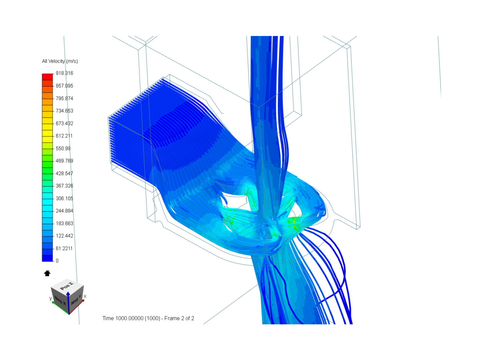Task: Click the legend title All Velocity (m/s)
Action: coord(60,61)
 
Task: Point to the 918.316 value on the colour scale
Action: coord(64,73)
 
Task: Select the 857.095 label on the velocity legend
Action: coord(64,86)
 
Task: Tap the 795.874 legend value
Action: coord(64,98)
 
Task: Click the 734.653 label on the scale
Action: coord(64,111)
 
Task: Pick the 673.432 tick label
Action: coord(64,123)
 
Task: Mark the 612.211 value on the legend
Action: coord(64,136)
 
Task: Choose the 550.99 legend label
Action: coord(63,148)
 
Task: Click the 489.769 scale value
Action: coord(64,161)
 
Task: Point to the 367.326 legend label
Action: coord(64,186)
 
